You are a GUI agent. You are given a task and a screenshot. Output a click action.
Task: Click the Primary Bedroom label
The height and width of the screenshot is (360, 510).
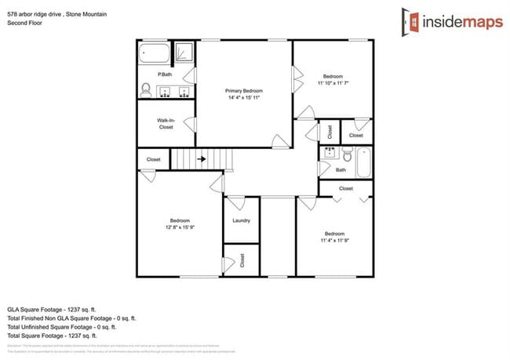(244, 90)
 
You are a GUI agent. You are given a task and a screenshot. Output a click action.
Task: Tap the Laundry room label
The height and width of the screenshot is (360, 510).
(241, 220)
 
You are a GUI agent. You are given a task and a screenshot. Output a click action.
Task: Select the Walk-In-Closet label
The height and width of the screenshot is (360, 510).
(166, 123)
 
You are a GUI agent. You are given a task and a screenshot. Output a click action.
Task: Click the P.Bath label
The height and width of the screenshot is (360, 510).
(165, 75)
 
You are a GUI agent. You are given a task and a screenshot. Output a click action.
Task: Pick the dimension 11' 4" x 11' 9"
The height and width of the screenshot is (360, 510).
(335, 240)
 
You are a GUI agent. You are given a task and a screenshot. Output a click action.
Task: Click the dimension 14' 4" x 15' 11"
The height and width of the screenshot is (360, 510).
(244, 98)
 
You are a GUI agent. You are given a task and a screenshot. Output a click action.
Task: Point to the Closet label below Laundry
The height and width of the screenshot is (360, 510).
(242, 260)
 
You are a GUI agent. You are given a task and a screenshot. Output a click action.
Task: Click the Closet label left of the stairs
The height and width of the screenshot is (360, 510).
(154, 159)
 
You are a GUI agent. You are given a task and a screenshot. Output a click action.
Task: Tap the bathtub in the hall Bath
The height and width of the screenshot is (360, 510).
(364, 162)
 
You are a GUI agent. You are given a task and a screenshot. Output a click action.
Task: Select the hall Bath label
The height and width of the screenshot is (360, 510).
(341, 169)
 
